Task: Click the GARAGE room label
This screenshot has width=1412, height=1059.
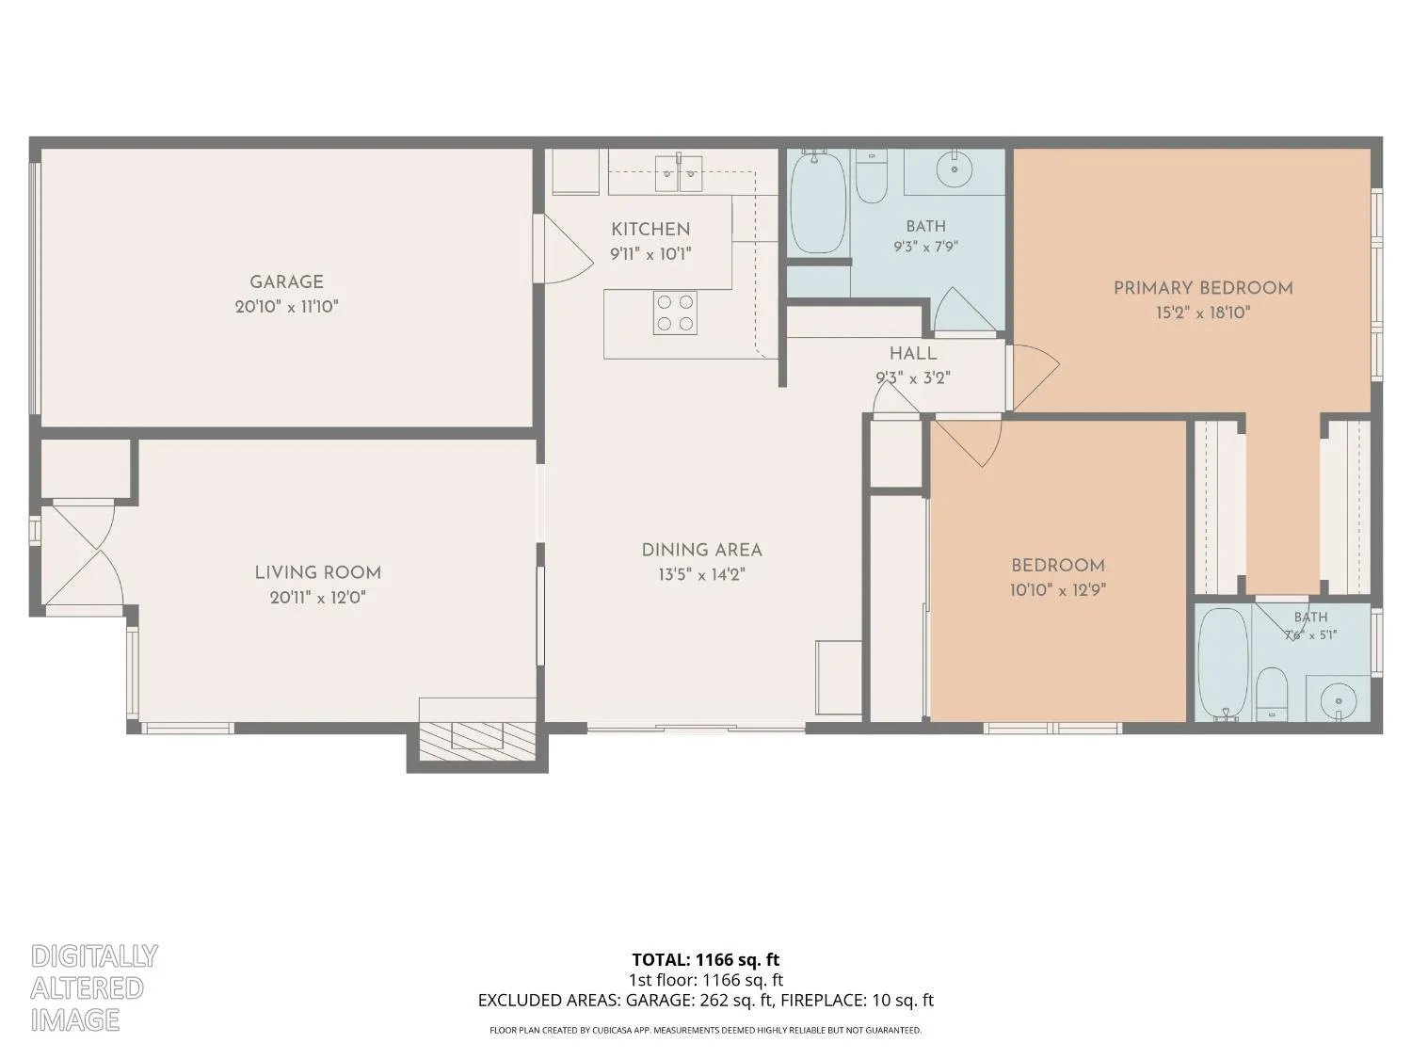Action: point(286,281)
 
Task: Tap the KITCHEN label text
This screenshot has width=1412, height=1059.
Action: point(650,229)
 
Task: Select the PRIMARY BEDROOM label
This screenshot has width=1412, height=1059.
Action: point(1203,288)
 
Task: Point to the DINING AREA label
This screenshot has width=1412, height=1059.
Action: point(701,551)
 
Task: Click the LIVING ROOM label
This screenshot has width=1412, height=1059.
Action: point(318,573)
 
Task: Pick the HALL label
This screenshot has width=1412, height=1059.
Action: point(913,354)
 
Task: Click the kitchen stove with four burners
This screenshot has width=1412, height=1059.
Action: point(676,313)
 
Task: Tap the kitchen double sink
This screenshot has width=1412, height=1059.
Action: point(679,173)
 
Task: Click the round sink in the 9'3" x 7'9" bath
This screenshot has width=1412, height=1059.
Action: point(954,169)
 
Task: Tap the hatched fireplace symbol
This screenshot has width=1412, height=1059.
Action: point(478,740)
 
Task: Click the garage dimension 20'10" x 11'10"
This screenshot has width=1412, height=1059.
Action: point(287,307)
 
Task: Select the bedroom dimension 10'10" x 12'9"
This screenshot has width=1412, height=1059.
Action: point(1057,590)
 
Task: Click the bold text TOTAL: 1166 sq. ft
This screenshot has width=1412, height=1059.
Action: point(706,960)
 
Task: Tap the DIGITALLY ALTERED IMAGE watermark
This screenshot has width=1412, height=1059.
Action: point(94,988)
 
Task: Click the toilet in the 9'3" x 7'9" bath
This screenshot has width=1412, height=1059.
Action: point(872,176)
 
